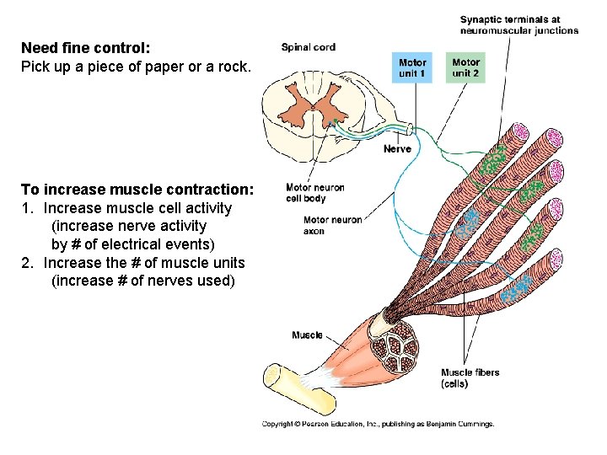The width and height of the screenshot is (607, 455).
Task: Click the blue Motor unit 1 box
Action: [x=413, y=67]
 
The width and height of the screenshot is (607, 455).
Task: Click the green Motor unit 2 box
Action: [x=465, y=67]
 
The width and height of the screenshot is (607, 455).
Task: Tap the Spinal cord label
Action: [x=309, y=47]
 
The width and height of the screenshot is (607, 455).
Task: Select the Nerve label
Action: [x=397, y=149]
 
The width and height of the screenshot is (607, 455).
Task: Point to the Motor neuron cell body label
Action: [x=315, y=193]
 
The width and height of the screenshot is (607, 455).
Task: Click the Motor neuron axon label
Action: [x=332, y=225]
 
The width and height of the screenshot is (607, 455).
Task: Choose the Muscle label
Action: [x=307, y=335]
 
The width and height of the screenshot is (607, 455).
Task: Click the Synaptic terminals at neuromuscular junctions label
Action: [x=518, y=25]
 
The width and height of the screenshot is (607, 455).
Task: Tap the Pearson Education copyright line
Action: [x=378, y=424]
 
